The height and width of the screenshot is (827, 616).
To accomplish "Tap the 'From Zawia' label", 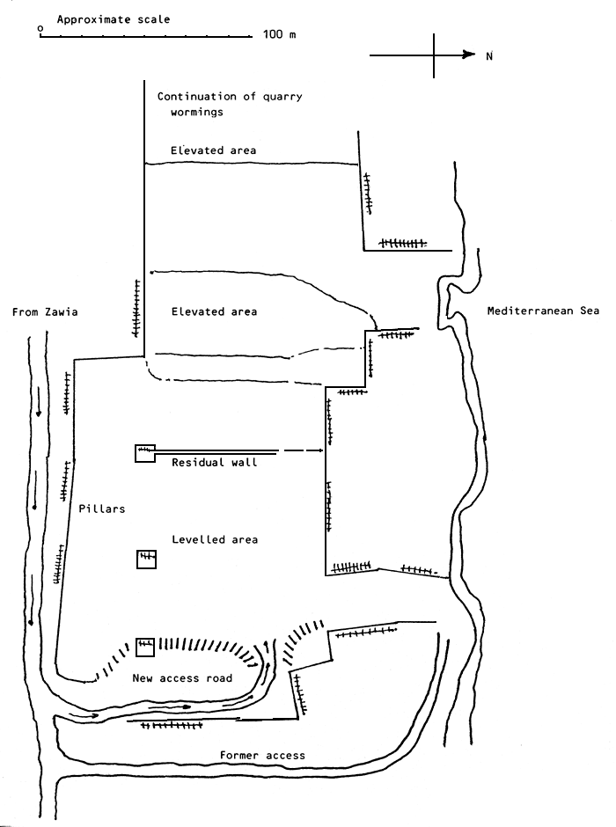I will click(43, 311).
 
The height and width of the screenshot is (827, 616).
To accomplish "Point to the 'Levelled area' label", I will click(215, 539).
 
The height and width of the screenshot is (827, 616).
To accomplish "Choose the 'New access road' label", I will click(182, 678).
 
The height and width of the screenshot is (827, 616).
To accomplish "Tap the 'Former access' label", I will click(263, 756).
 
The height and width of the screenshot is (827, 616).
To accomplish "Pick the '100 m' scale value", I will click(280, 35).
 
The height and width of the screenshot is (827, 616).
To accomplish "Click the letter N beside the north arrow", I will click(489, 55).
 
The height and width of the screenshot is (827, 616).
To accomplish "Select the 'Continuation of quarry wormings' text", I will click(229, 104).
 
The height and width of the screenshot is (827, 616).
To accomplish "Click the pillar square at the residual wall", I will click(144, 453).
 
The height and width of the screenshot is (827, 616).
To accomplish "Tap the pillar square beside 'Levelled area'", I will click(146, 560).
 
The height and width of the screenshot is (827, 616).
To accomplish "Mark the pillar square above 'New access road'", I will click(145, 648).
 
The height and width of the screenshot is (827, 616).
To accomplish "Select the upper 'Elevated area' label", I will click(214, 150).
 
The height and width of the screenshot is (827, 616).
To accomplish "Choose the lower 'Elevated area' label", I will click(214, 311).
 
